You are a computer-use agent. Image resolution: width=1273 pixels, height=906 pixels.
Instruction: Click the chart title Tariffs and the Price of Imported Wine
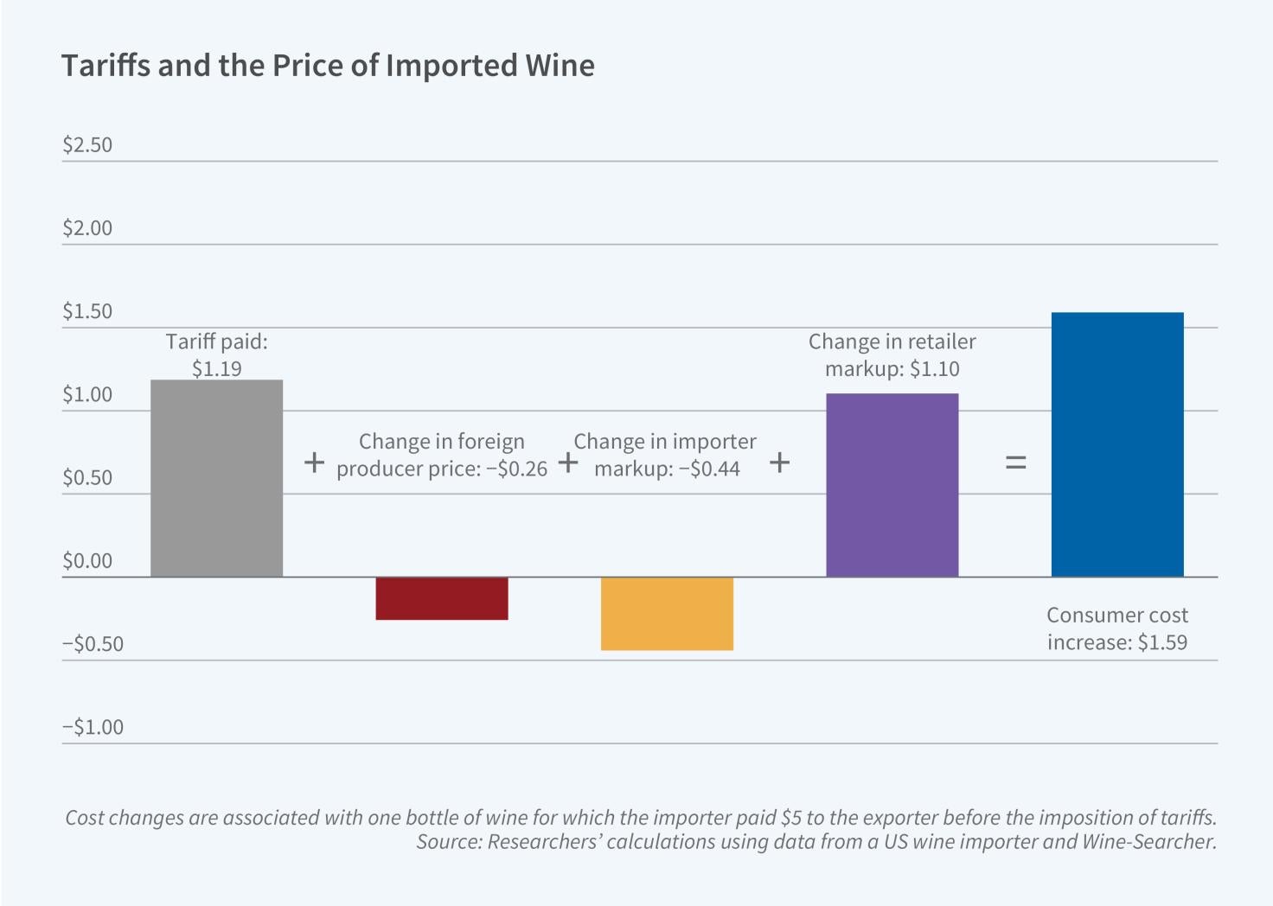coord(328,66)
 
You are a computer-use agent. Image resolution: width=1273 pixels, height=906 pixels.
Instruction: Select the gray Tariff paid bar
coord(216,478)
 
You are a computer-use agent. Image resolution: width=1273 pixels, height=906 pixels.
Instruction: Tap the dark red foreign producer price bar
coord(441,598)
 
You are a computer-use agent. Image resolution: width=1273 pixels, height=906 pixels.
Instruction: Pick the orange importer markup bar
coord(667,614)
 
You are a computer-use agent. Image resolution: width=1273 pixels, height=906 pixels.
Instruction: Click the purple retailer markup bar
coord(892,485)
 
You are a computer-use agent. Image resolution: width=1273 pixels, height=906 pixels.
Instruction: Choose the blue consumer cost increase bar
coord(1117,444)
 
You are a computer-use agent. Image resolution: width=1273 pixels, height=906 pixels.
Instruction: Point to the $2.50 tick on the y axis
coord(87,144)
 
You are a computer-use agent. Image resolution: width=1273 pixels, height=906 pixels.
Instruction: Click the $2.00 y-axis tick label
coord(87,228)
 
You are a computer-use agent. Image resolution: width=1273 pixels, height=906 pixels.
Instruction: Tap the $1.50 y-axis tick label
coord(87,311)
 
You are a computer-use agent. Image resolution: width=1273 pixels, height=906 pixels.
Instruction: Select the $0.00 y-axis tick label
coord(87,561)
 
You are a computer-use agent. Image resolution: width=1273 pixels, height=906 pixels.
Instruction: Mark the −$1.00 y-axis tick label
coord(93,727)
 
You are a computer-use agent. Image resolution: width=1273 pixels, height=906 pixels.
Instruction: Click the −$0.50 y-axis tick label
coord(93,644)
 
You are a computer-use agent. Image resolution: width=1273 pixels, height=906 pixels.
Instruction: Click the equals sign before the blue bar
coord(1015,463)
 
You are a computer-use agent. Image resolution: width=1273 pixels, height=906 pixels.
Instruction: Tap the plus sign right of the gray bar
coord(315,463)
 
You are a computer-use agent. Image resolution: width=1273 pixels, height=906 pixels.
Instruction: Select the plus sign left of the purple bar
coord(779,463)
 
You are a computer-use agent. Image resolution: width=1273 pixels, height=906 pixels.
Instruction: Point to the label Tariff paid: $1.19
coord(216,355)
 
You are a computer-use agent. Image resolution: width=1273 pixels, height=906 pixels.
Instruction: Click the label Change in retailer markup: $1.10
coord(892,355)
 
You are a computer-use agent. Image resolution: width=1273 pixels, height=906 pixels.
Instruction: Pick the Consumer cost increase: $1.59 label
coord(1117,628)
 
